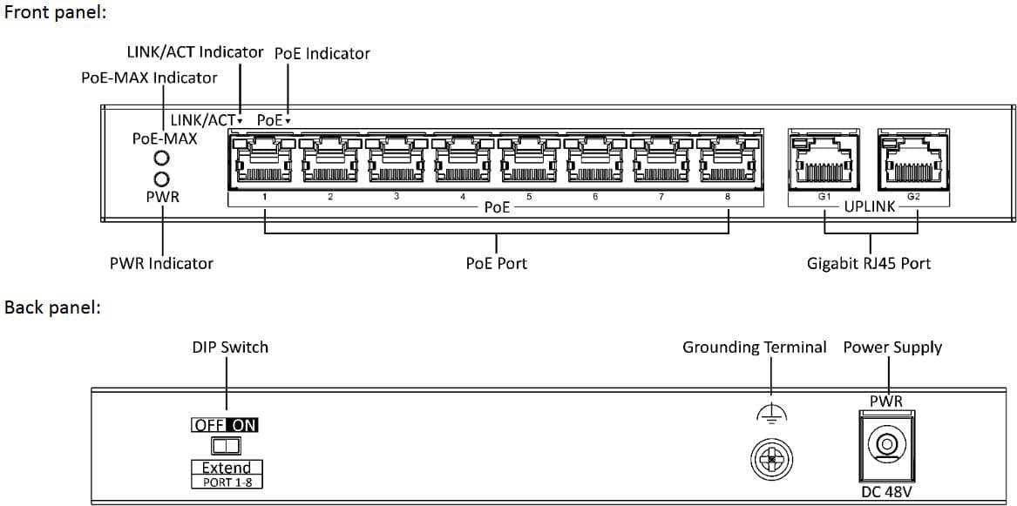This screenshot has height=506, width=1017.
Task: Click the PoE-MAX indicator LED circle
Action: pos(161,159)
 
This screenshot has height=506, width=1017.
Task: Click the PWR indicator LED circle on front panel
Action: pos(161,177)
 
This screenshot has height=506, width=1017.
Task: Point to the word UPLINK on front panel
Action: pos(869,208)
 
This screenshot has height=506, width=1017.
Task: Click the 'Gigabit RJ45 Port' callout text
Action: pos(868,263)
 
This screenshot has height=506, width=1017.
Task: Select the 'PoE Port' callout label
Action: pos(496,263)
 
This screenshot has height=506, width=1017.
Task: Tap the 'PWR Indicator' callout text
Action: pos(161,263)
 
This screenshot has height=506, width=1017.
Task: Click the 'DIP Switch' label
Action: pos(230,347)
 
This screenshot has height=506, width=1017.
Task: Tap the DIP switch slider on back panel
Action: pos(226,446)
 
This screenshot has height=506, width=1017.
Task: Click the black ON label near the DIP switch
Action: pos(244,425)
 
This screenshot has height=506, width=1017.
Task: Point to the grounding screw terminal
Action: pos(771,458)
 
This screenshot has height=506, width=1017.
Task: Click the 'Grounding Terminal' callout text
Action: pos(754,347)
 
